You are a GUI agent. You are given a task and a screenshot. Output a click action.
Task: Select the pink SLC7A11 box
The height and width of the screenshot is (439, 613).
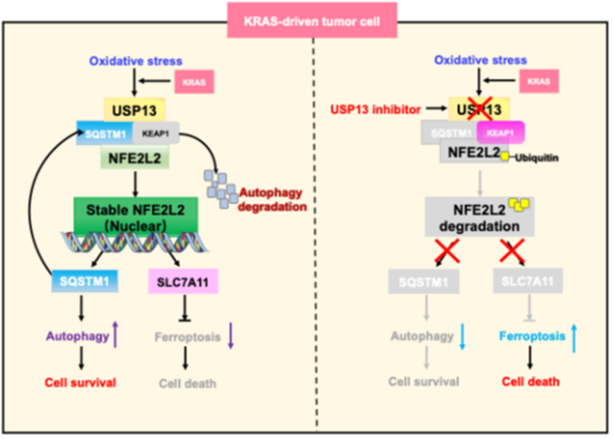click(182, 282)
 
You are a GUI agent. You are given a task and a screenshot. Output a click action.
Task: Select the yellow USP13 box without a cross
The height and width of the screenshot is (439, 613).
click(135, 109)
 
